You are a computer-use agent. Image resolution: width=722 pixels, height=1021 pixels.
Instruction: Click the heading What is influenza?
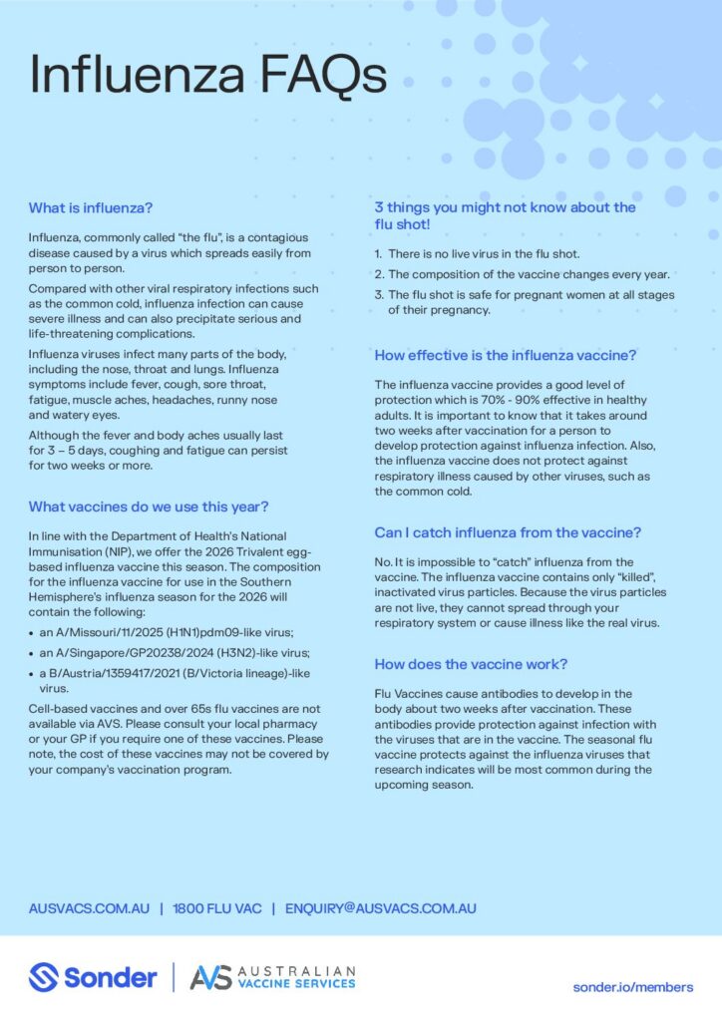[91, 208]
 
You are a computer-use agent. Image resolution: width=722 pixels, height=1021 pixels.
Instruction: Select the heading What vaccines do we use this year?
[149, 506]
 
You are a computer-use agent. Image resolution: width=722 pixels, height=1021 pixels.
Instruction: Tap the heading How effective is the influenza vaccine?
[506, 355]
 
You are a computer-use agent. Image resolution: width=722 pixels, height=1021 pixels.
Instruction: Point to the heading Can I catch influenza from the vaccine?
[508, 532]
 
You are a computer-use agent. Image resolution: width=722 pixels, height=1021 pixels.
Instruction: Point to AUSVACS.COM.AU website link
[89, 908]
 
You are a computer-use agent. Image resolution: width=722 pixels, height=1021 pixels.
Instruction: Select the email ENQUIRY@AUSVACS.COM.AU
[380, 908]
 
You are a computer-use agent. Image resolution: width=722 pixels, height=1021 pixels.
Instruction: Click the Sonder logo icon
[44, 977]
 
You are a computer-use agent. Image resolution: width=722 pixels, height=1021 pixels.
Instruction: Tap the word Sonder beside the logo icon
[110, 977]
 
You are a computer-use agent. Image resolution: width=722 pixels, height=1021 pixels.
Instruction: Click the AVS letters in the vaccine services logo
[210, 977]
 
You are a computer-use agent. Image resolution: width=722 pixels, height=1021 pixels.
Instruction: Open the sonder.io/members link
[632, 987]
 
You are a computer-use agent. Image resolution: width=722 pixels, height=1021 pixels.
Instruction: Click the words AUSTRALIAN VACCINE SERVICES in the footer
[298, 977]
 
